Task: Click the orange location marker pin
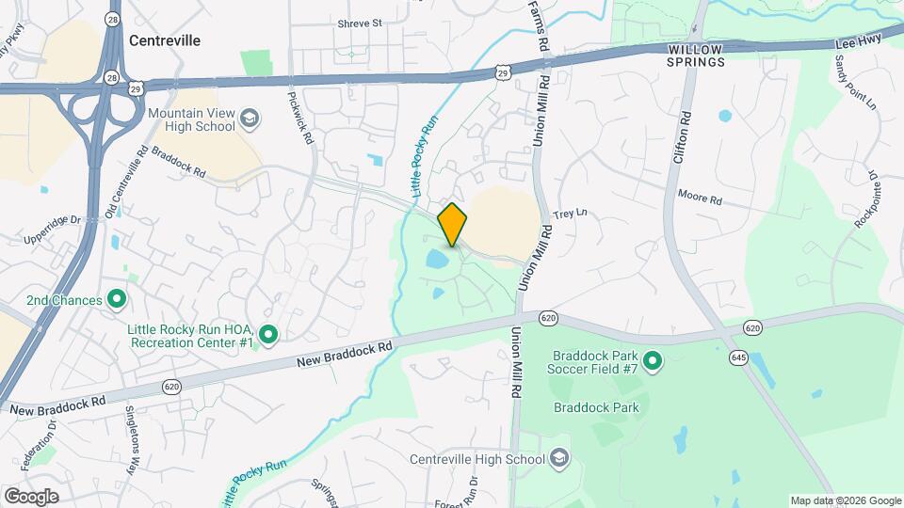pos(452,224)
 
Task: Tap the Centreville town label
pos(165,40)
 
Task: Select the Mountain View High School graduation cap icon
pos(249,118)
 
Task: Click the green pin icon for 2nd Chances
pos(117,300)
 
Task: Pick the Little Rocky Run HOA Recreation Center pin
pos(268,334)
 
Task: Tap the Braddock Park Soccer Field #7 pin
pos(652,359)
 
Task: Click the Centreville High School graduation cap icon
pos(558,458)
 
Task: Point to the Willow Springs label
pos(697,56)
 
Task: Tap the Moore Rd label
pos(700,198)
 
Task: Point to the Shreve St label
pos(360,23)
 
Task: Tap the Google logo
pos(31,497)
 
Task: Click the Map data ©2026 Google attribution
pos(845,500)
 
